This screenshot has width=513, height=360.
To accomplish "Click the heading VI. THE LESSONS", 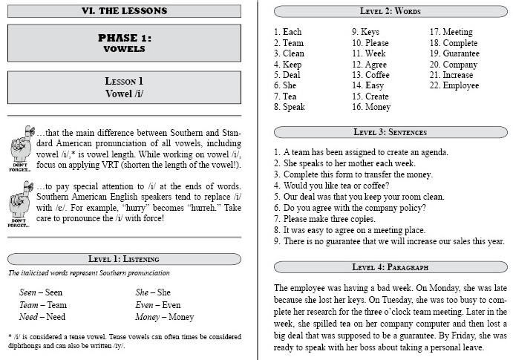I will point(124,11).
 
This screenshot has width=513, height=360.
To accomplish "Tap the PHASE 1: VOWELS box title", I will point(124,43).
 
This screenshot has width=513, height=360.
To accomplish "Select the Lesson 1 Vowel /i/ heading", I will point(124,87).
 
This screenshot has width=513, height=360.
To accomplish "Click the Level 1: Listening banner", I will point(124,258).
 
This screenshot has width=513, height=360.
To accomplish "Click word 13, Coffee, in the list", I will point(370,75).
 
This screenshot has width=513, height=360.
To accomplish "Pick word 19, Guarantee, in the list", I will point(454,53).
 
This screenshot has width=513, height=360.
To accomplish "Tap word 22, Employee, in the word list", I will point(454,85).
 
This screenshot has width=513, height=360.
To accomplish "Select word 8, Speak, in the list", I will point(289,107).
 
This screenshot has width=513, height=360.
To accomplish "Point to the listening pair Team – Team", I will point(42,304).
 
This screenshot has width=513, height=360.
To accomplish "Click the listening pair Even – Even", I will point(157,304).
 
